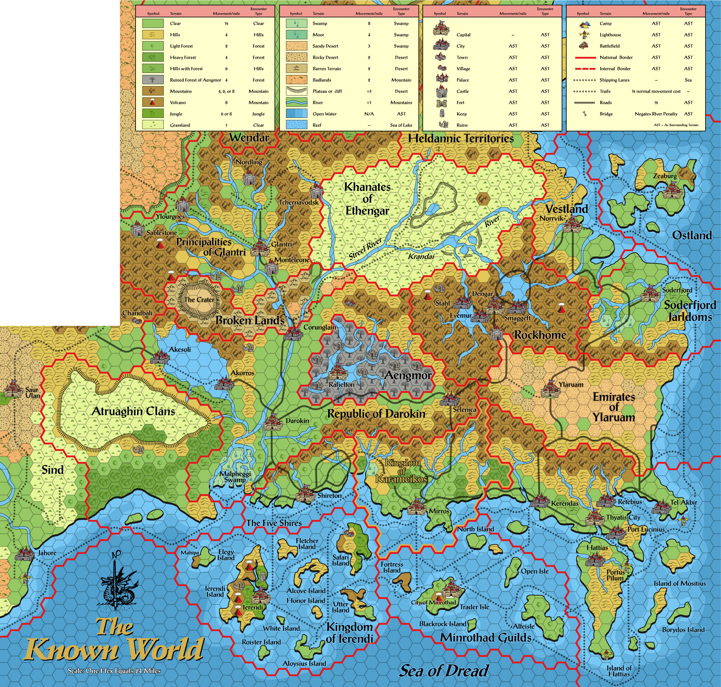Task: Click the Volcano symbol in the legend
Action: (153, 102)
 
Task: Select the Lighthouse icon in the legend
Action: (584, 35)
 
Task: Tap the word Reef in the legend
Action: (317, 125)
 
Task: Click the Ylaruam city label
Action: (571, 385)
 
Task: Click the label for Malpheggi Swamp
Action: (235, 477)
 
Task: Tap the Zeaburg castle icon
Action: (671, 191)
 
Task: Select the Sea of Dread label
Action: (443, 670)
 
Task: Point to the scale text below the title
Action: (114, 671)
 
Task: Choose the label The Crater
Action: (199, 300)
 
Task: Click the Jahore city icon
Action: (25, 554)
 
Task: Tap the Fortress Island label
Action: (392, 567)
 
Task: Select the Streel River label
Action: (365, 248)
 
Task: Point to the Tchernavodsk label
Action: (299, 202)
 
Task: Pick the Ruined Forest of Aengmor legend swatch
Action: (153, 80)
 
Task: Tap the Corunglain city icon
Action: (293, 333)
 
